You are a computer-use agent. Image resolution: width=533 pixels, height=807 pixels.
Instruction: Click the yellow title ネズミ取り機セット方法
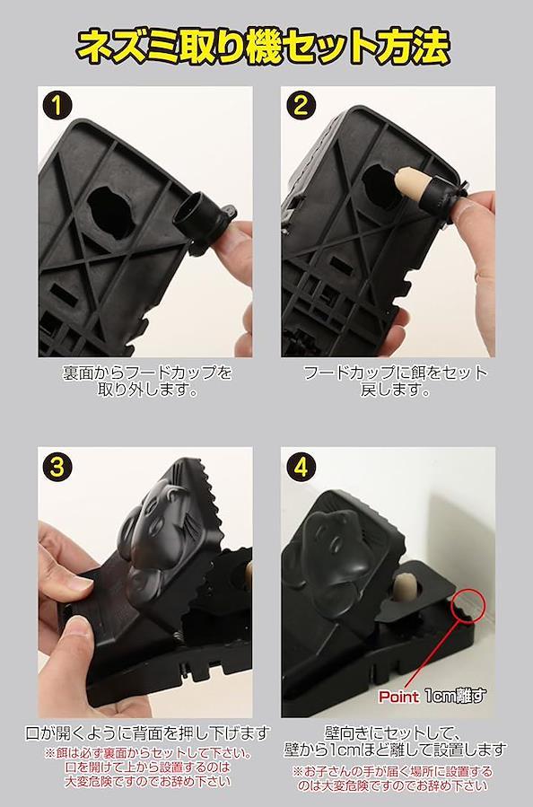point(264,47)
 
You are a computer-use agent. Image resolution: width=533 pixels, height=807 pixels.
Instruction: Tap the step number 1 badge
point(57,106)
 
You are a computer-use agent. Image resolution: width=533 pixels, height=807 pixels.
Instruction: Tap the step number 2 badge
point(300,106)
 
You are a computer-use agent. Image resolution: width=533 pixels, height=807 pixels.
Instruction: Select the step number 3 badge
point(57,468)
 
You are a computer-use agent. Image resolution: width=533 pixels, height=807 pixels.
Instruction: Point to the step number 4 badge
point(300,468)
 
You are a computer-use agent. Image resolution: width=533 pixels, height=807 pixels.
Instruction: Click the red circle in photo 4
point(467,606)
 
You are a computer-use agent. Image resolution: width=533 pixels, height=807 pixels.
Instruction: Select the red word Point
point(398,697)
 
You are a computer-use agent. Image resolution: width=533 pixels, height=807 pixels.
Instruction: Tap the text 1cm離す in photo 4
point(456,696)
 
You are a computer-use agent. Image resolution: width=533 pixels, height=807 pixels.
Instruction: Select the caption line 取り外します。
point(148,390)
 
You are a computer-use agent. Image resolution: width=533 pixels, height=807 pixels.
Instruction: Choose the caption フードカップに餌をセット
point(395,373)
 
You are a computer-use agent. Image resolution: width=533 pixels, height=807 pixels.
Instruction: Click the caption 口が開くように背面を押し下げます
point(148,732)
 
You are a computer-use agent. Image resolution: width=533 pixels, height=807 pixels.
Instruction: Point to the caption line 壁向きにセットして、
point(392,732)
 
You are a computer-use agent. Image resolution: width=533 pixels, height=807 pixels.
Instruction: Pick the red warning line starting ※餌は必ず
point(148,754)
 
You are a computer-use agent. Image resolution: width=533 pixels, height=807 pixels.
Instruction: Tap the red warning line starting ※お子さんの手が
point(392,771)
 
